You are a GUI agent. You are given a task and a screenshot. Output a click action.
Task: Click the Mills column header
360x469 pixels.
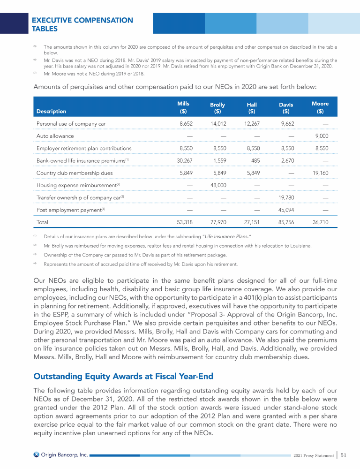pyautogui.click(x=183, y=107)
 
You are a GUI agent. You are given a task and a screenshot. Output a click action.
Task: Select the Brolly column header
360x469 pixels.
pyautogui.click(x=217, y=108)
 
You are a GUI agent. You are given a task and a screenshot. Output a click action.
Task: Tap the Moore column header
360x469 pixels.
pyautogui.click(x=320, y=107)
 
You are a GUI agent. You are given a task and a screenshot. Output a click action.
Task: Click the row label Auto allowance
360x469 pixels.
pyautogui.click(x=55, y=136)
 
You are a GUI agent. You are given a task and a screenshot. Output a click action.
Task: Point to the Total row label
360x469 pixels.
pyautogui.click(x=42, y=222)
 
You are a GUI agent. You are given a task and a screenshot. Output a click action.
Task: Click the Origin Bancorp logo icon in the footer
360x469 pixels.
pyautogui.click(x=37, y=454)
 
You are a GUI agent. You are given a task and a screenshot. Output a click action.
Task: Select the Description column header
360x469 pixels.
pyautogui.click(x=51, y=112)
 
